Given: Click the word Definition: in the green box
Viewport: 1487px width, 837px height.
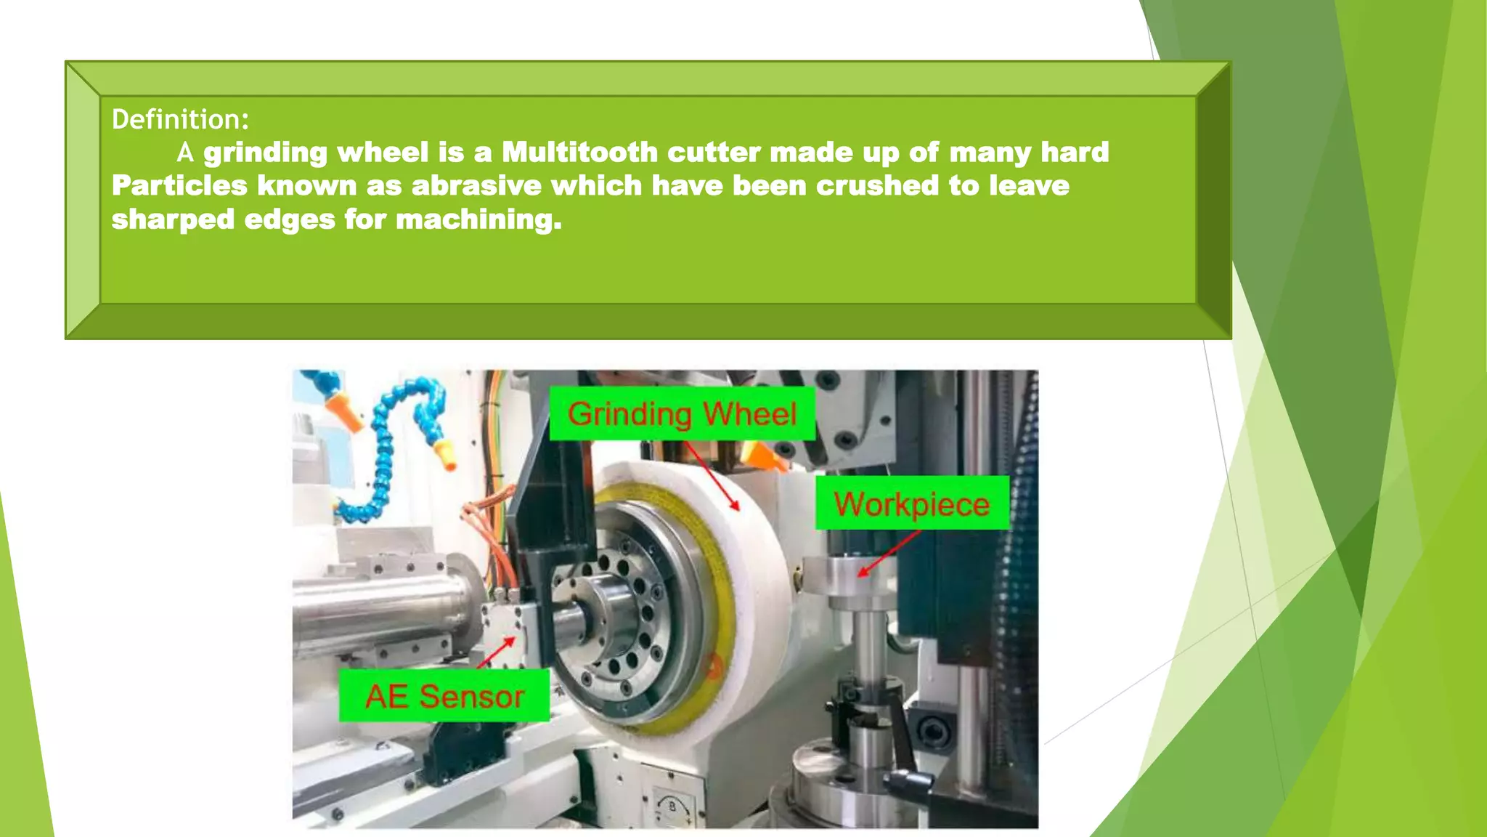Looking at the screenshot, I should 180,119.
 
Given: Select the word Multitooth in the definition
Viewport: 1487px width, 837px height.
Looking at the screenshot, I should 579,153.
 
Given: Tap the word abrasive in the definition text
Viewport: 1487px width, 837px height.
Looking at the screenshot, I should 476,186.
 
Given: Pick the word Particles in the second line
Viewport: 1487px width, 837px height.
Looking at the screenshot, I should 179,186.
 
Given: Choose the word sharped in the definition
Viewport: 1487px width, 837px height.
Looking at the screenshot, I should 173,219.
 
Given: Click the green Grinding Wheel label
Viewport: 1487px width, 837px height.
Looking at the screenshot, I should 682,414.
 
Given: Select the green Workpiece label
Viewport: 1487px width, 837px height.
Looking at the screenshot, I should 912,504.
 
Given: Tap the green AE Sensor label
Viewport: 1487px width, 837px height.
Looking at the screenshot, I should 444,696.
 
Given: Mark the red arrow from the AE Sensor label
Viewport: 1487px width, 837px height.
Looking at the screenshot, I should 497,652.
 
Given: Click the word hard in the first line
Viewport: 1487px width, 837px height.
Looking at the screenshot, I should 1075,153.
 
